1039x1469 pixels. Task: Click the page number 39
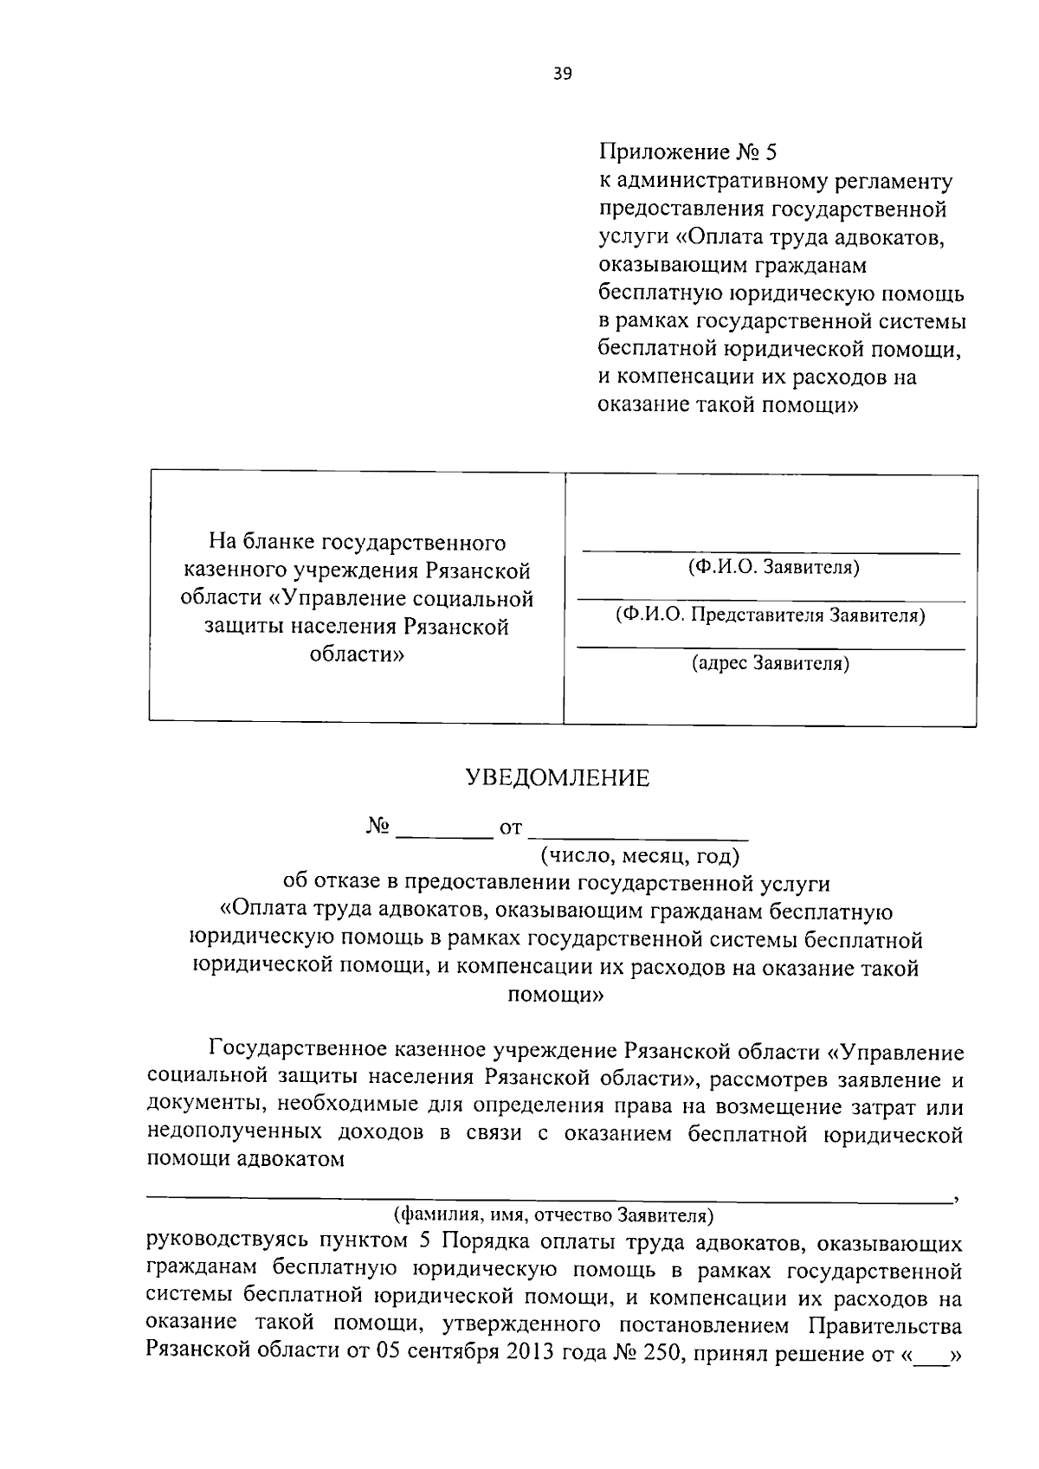tap(562, 74)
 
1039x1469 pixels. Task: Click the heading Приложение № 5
tap(688, 153)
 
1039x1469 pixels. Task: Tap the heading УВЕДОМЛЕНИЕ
tap(557, 778)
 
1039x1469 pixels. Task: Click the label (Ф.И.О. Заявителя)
tap(772, 567)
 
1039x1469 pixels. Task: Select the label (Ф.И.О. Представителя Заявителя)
tap(770, 615)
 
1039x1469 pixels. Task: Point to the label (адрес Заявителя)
tap(770, 664)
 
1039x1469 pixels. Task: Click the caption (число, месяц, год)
tap(640, 857)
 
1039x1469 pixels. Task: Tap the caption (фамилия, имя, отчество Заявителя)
tap(552, 1215)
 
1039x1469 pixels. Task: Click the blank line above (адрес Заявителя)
tap(770, 648)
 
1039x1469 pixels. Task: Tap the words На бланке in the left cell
tap(262, 543)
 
